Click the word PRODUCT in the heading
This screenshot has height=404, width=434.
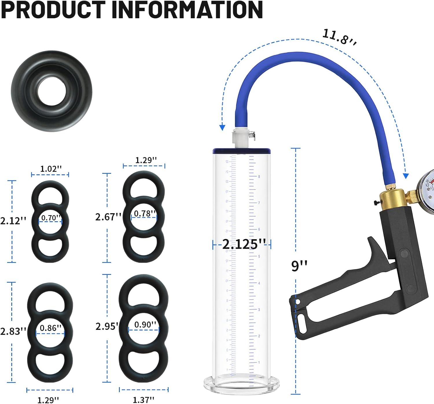click(54, 10)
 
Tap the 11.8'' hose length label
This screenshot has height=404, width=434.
click(339, 37)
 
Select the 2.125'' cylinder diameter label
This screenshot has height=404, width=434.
click(244, 244)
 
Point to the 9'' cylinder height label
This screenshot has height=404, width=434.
click(299, 266)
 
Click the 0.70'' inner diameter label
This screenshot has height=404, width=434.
click(51, 217)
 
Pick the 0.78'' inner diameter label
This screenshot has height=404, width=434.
click(145, 213)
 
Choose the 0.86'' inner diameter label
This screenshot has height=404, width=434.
click(50, 328)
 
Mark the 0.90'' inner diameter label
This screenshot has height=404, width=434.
click(145, 325)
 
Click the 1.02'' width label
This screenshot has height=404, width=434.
click(51, 169)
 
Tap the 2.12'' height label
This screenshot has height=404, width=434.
click(13, 221)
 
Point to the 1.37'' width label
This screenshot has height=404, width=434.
click(143, 400)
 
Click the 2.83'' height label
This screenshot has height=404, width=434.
click(13, 331)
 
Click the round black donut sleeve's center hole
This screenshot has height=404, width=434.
click(52, 91)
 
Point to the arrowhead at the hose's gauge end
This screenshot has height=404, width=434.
click(406, 176)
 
